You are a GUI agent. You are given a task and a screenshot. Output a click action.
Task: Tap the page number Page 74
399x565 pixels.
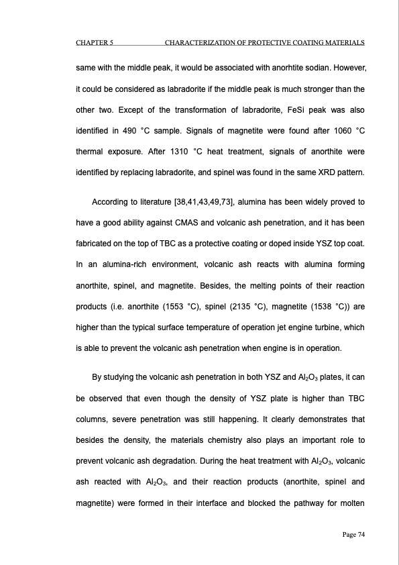point(349,534)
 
